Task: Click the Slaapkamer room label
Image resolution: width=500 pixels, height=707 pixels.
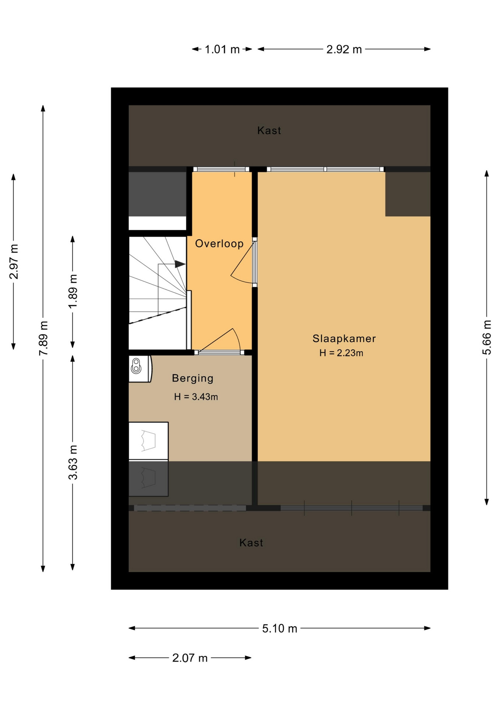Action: point(344,338)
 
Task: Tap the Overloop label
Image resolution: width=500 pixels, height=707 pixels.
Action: point(219,243)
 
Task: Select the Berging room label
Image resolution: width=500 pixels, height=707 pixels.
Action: point(193,379)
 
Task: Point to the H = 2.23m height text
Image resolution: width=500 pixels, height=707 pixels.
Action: point(341,353)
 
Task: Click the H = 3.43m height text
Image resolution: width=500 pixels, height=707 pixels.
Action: point(196,397)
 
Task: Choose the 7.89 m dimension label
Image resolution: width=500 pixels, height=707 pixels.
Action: point(43,338)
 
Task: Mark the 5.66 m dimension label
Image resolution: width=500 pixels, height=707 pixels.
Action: point(487,337)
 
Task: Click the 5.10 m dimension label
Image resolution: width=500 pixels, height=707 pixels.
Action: point(279,628)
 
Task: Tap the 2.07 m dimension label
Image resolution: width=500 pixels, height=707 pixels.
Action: point(190,658)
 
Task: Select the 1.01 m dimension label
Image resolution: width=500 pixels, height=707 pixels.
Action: point(222,49)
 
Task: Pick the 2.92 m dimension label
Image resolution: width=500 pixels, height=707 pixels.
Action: point(344,49)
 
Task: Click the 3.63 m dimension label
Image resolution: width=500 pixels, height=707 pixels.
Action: point(73,462)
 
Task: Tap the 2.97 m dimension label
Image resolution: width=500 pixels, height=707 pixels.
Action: point(14,261)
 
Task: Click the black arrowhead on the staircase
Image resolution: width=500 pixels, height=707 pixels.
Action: point(180,264)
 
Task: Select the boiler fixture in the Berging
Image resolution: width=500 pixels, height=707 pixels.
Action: point(140,369)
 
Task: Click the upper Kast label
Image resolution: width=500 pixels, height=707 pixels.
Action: point(269,130)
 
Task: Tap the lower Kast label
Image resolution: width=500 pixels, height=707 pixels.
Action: point(251,542)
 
